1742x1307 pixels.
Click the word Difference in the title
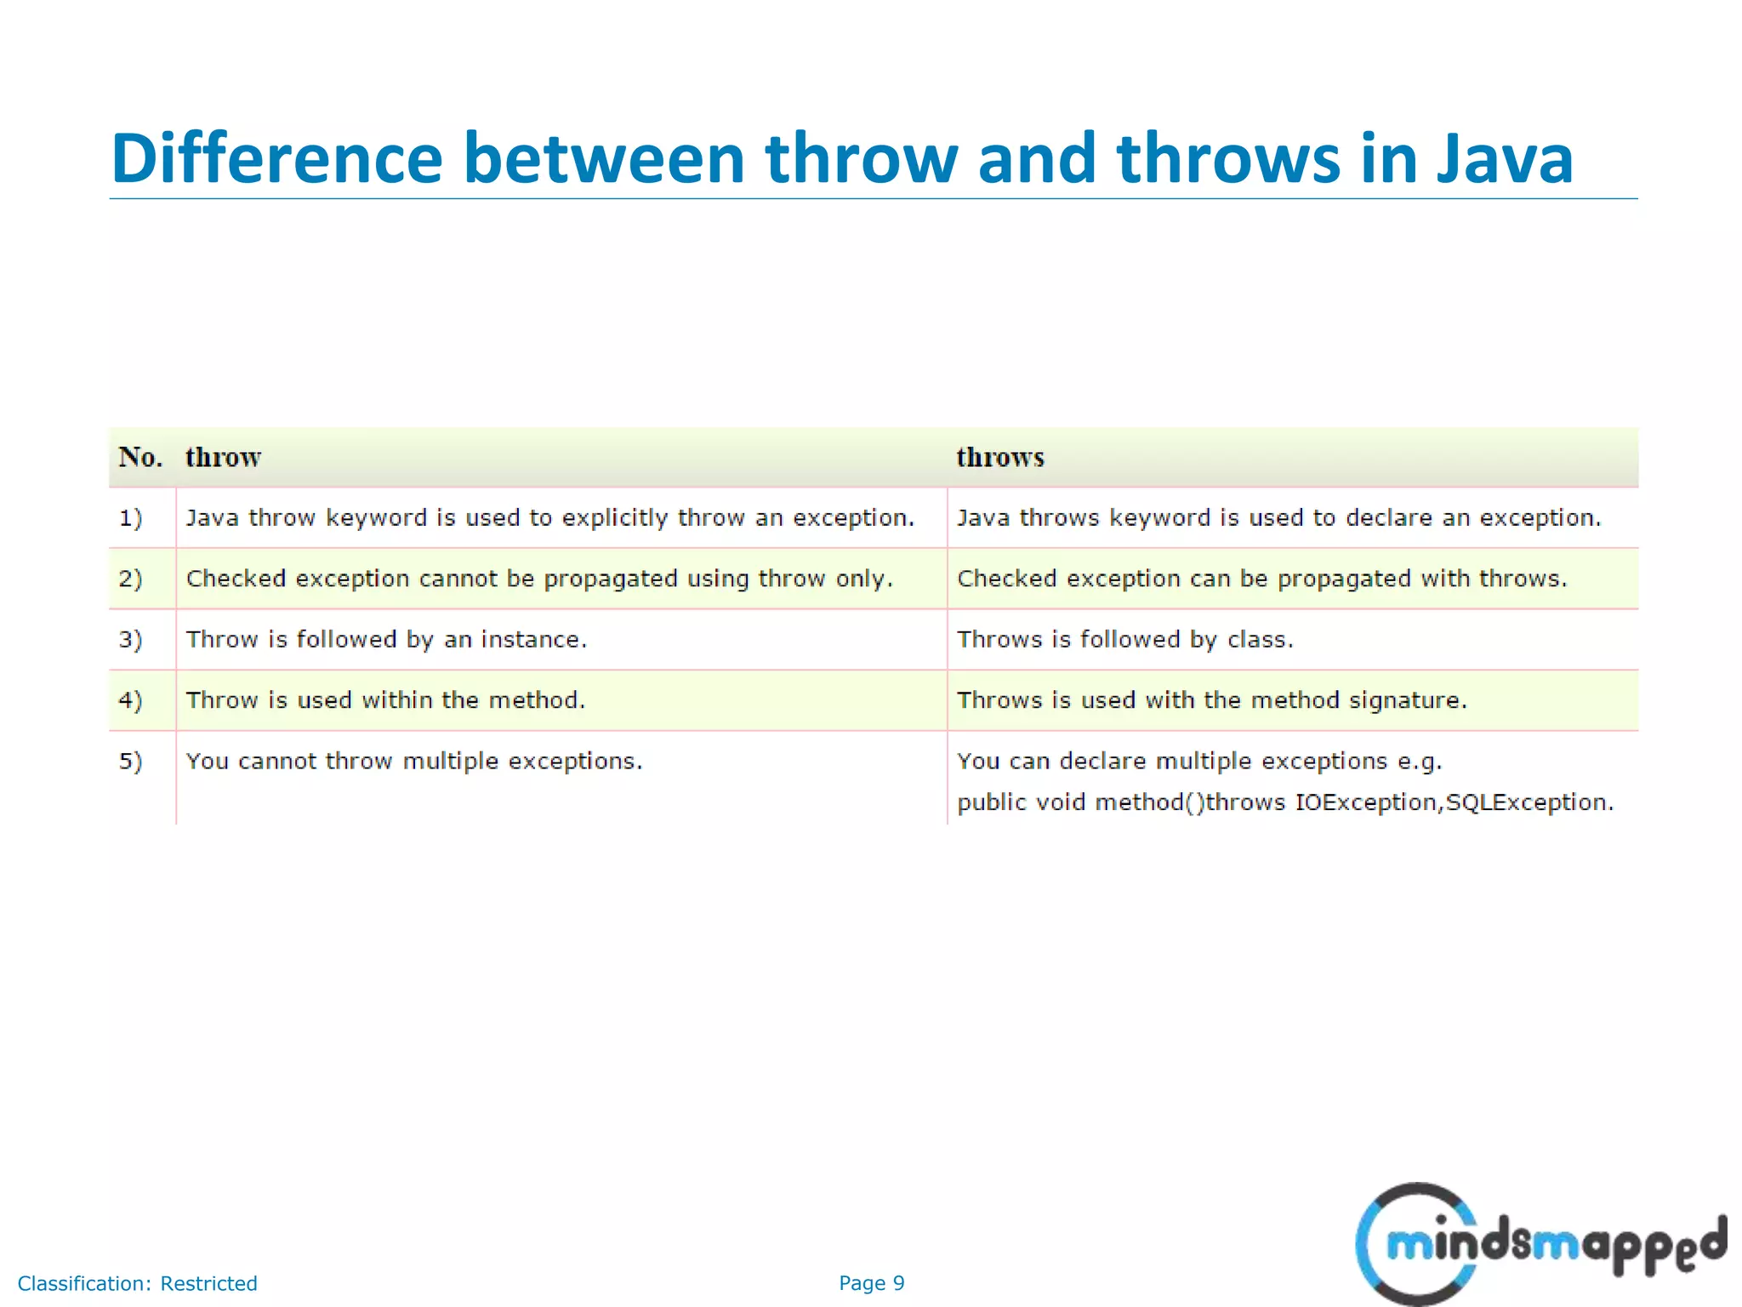276,158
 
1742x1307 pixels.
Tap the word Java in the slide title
1505,158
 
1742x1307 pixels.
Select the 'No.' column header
140,458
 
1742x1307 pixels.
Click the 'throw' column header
223,458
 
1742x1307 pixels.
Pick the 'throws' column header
999,458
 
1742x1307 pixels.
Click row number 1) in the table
130,518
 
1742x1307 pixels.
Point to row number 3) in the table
130,640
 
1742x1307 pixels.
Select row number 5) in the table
130,762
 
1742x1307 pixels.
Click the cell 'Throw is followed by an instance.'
386,640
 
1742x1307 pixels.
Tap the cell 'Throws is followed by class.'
1124,640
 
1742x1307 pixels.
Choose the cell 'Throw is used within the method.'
385,700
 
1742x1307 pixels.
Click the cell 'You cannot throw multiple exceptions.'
414,762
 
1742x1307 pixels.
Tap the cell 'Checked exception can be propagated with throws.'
1261,579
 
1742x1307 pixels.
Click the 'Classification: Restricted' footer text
137,1283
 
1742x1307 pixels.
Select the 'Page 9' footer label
871,1283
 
